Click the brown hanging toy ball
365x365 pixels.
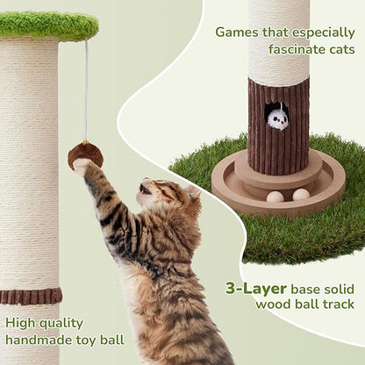click(x=85, y=154)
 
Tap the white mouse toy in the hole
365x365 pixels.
click(x=278, y=118)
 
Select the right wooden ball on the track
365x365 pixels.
click(x=301, y=194)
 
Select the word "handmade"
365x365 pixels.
click(x=41, y=340)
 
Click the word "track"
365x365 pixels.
click(x=336, y=304)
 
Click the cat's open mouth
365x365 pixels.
click(x=146, y=189)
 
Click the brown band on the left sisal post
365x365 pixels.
click(x=30, y=296)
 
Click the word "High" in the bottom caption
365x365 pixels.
click(x=20, y=322)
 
